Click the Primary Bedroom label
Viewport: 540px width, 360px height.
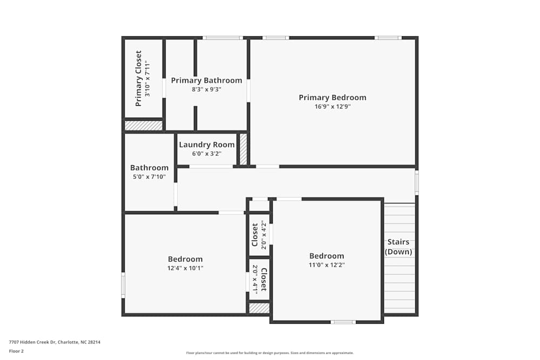point(332,98)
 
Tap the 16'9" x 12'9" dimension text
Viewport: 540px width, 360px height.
point(332,107)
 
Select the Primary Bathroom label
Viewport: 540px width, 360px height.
point(206,80)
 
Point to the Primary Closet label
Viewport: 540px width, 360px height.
point(138,78)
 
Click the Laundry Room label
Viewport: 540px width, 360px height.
point(207,145)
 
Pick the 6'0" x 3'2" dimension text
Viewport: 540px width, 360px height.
point(207,154)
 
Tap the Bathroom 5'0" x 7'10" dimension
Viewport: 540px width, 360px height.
point(149,176)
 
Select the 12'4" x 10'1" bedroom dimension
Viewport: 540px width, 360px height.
point(185,268)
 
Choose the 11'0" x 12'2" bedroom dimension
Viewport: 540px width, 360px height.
point(326,265)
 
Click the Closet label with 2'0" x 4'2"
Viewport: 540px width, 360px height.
point(255,235)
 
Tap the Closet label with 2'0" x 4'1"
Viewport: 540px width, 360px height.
point(264,279)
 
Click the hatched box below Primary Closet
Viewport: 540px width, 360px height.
point(143,125)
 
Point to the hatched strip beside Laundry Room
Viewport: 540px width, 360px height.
point(243,149)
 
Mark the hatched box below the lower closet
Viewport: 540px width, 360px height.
point(259,308)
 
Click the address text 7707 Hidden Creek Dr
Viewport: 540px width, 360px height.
point(55,342)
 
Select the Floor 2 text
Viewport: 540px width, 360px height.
point(16,351)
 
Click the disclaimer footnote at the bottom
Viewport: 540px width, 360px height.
point(270,353)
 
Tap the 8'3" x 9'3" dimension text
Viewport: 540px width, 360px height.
point(206,90)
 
